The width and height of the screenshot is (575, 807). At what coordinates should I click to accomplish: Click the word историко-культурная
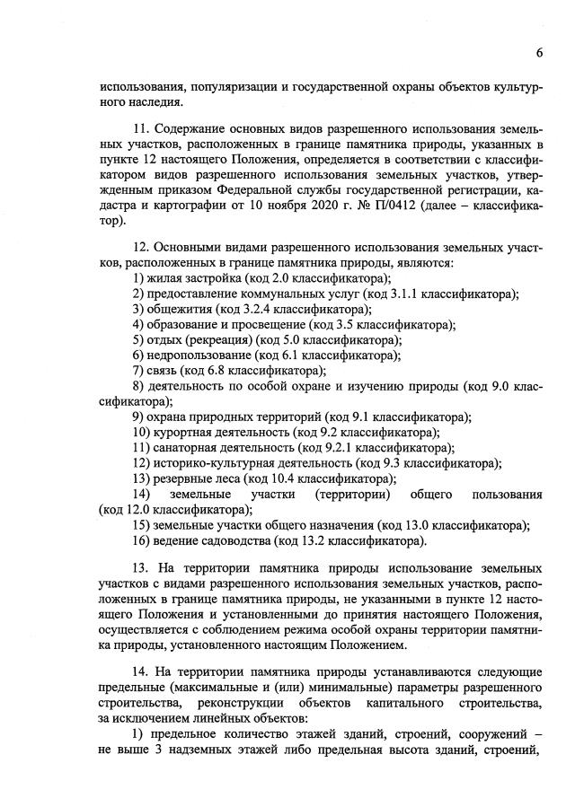pos(215,463)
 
